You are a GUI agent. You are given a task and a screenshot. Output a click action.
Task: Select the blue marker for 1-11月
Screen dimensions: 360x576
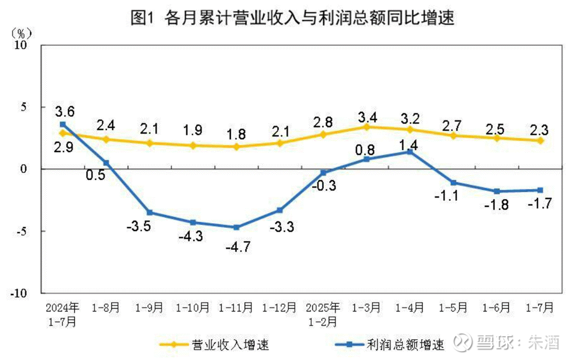(237, 227)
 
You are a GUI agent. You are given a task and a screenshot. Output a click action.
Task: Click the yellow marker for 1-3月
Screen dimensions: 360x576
(366, 127)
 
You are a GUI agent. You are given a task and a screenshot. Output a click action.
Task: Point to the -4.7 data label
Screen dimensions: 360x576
(238, 246)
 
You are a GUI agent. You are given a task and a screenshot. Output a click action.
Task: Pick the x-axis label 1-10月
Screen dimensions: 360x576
(193, 308)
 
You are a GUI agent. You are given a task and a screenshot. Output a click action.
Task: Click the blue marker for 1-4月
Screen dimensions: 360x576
(410, 152)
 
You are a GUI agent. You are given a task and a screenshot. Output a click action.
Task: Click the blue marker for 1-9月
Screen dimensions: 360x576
(150, 212)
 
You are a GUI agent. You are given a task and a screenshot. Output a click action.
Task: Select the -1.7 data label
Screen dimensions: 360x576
(538, 203)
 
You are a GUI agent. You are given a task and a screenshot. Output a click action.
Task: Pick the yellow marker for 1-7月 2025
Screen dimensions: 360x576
(541, 140)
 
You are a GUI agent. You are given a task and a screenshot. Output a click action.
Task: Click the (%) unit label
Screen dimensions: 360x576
(21, 33)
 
